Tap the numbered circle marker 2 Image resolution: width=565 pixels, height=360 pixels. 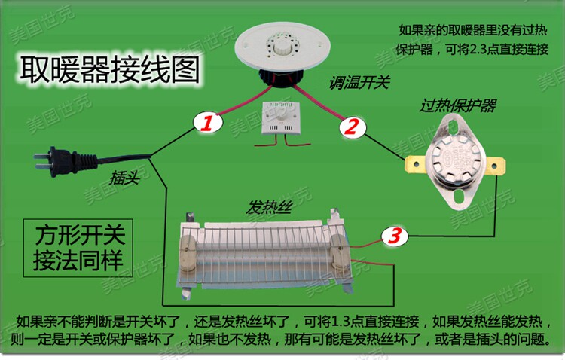pyautogui.click(x=350, y=127)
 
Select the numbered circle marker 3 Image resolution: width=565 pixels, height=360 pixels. pyautogui.click(x=392, y=236)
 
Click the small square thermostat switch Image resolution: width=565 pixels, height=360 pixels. pyautogui.click(x=279, y=121)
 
